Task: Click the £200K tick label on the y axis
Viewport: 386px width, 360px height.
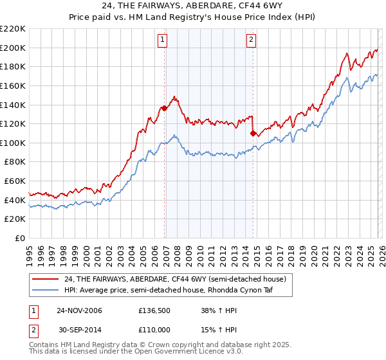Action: click(13, 48)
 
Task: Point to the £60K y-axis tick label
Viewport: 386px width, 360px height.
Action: click(15, 181)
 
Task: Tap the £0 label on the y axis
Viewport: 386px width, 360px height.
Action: click(21, 239)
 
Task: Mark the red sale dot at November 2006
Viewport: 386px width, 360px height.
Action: click(165, 108)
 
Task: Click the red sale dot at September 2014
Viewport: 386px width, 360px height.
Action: click(253, 133)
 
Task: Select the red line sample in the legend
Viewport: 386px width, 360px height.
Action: click(46, 279)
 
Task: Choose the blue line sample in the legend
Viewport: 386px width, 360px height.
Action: click(46, 290)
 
